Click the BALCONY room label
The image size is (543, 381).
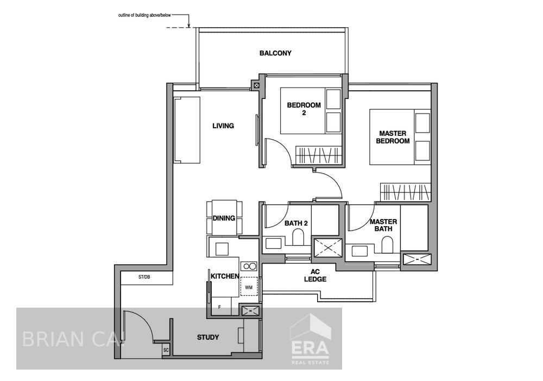pos(275,53)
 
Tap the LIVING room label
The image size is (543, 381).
pos(223,126)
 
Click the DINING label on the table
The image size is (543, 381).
pos(224,218)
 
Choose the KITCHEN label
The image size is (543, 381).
pos(225,277)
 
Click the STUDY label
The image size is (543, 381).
pos(208,338)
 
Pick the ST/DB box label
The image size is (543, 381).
pos(144,277)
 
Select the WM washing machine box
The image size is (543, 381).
pos(249,286)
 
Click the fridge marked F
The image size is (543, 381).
pos(219,307)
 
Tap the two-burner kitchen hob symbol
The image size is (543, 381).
pos(249,266)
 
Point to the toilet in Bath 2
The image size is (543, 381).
pos(298,236)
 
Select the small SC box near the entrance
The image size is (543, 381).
pos(166,350)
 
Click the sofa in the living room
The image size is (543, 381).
pos(187,130)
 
